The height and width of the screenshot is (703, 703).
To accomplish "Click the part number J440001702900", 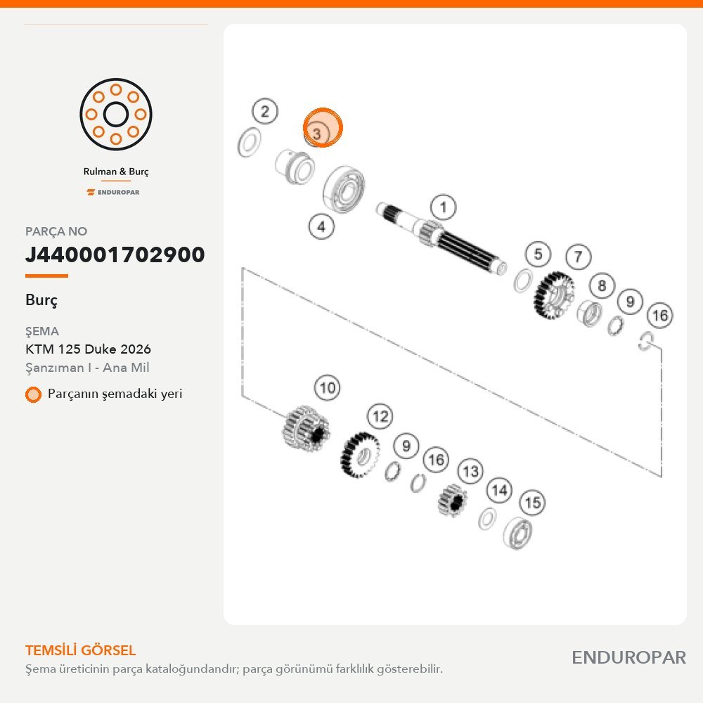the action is point(115,254).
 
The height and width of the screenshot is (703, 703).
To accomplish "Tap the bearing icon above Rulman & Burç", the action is point(116,115).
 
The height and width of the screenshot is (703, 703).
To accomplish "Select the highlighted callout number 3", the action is point(323,127).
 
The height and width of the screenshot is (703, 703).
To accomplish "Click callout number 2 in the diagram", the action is point(265,111).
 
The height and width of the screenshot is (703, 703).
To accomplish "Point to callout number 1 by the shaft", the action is point(443,207).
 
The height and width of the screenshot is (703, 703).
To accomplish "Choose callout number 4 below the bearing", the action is point(321,226).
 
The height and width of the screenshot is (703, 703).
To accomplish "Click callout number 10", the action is point(328,388).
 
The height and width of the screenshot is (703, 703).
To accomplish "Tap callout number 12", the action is point(380,416).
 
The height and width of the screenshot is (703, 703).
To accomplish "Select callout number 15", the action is point(532,502).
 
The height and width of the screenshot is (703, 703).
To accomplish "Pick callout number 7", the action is point(579,257).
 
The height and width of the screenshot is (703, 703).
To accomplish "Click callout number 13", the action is point(470,471).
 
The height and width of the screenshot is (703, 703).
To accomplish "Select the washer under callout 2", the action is point(250,143).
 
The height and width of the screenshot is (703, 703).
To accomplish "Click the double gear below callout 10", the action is point(306,427).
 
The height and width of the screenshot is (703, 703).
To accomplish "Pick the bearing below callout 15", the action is point(517,533).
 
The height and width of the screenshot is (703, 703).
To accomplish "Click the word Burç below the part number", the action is point(41,300).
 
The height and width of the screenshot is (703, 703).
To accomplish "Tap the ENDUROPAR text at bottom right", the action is point(628,658).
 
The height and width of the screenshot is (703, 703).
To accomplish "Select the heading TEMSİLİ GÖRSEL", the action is point(80,650).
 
